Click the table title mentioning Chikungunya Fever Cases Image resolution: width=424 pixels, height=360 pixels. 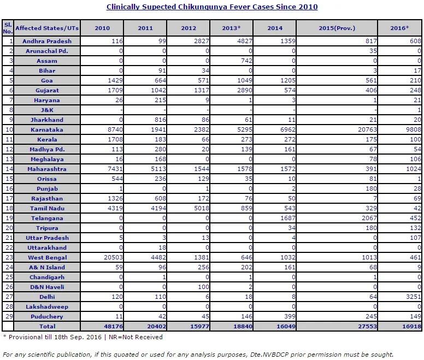point(212,7)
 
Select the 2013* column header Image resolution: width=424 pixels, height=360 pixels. point(231,28)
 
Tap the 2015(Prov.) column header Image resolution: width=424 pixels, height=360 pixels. point(337,28)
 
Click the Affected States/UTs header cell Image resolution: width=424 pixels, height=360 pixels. point(47,28)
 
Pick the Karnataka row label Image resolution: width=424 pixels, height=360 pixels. point(47,129)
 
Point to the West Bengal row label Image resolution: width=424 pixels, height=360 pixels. point(47,257)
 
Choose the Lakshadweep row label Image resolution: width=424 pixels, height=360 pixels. point(47,307)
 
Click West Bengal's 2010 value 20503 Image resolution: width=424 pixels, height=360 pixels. point(113,257)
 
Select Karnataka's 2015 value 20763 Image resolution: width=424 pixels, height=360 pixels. point(367,129)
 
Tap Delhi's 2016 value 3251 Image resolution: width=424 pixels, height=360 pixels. point(414,297)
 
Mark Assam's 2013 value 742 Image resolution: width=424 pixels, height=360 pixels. point(246,61)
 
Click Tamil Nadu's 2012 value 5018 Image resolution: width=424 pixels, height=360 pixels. point(202,208)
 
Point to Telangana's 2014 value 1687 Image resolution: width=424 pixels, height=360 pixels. point(288,218)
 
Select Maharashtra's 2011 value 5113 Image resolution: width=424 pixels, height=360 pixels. point(158,169)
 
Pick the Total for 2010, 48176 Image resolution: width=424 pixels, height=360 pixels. point(113,327)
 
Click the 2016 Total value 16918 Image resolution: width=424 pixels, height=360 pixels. point(411,327)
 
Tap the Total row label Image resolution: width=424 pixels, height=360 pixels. point(47,327)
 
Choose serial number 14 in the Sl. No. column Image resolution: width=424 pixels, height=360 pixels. point(9,169)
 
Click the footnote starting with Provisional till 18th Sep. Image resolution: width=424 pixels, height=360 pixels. point(83,337)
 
